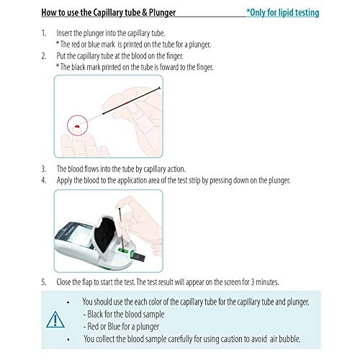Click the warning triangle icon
tap(55, 320)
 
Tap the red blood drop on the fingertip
tap(77, 126)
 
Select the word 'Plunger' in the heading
tap(162, 12)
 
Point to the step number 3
tap(43, 169)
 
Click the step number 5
tap(43, 282)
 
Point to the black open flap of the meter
tap(106, 234)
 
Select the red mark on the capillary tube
tap(127, 103)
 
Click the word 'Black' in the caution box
tap(96, 314)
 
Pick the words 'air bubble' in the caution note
tap(285, 339)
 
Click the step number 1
tap(43, 33)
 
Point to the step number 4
tap(43, 180)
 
